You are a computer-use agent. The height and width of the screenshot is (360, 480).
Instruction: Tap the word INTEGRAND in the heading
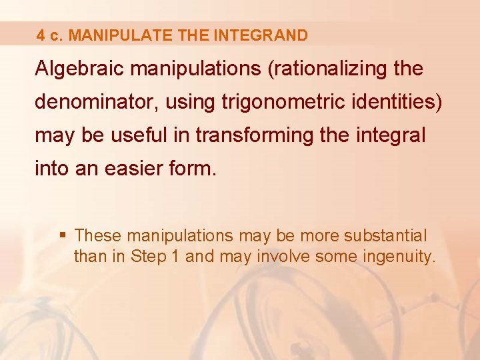point(261,35)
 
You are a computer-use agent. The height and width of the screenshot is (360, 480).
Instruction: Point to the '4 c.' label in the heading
point(51,35)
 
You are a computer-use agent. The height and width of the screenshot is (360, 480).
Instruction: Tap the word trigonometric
point(269,102)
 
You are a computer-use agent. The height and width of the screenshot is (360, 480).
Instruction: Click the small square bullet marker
point(63,235)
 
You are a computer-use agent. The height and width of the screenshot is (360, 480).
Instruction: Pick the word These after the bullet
point(99,236)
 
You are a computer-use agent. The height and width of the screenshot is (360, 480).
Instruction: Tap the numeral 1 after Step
point(175,256)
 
